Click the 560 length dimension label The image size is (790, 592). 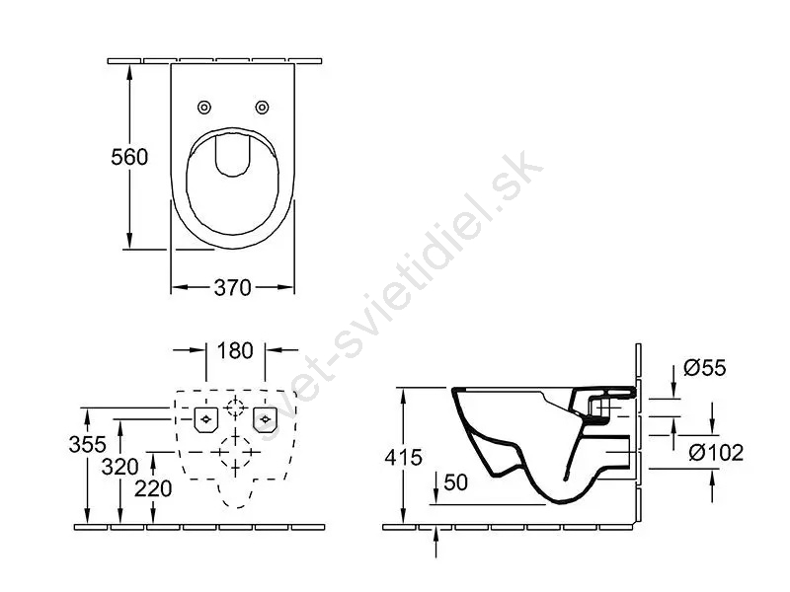pyautogui.click(x=129, y=157)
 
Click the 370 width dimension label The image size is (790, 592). pyautogui.click(x=232, y=288)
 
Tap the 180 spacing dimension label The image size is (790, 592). pyautogui.click(x=235, y=351)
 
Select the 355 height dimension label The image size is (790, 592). pyautogui.click(x=88, y=445)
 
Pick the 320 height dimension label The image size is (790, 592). pyautogui.click(x=119, y=467)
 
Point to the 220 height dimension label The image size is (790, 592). pyautogui.click(x=153, y=488)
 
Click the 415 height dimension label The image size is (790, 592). pyautogui.click(x=403, y=458)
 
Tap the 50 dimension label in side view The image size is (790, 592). pyautogui.click(x=456, y=482)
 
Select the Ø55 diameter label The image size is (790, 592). pyautogui.click(x=705, y=368)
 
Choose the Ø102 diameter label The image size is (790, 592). pyautogui.click(x=716, y=453)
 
